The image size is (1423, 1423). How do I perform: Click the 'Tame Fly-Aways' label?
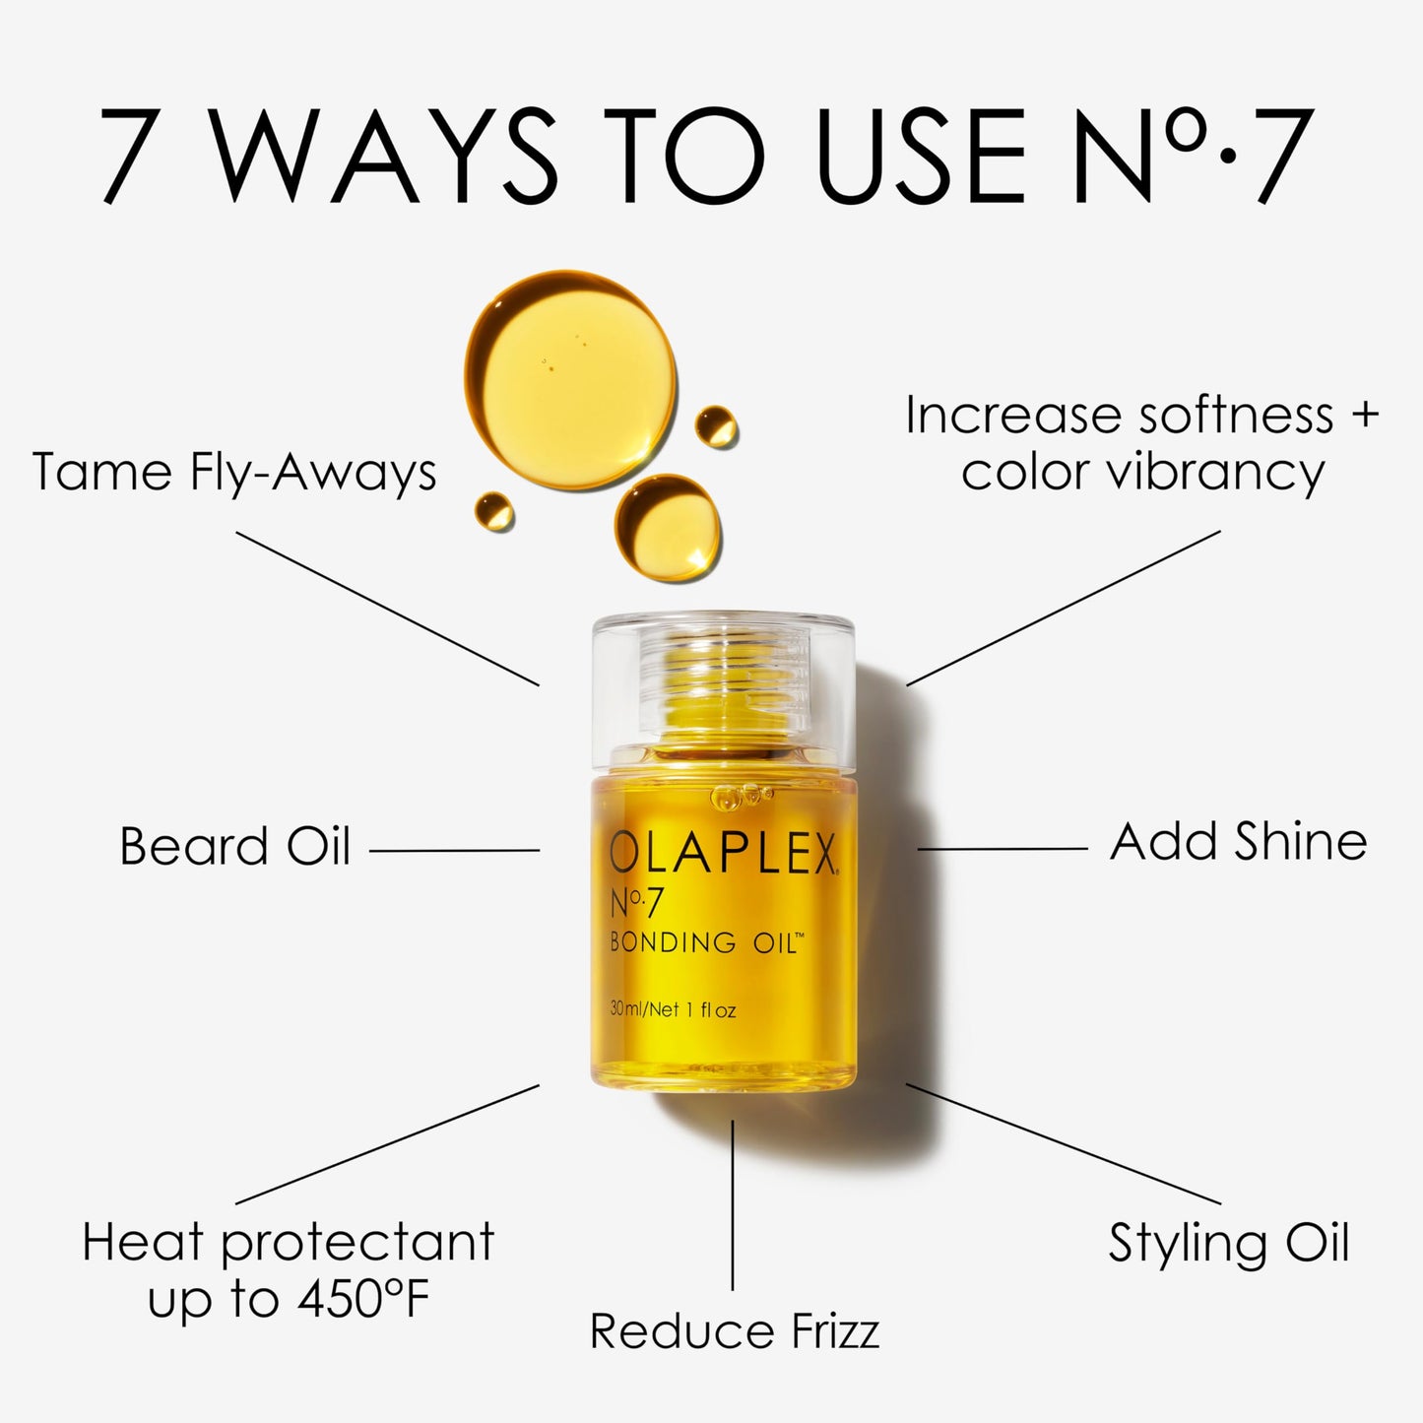234,472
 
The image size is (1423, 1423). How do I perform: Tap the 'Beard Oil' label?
234,846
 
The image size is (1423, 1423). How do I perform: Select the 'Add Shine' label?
1238,842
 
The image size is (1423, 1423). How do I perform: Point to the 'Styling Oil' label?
1228,1243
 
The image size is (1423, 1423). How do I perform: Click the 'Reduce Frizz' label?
734,1331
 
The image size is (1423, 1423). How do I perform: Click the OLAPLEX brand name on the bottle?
721,854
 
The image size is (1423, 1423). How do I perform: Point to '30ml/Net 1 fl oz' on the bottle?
674,1010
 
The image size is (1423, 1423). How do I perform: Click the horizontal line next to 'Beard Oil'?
454,850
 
